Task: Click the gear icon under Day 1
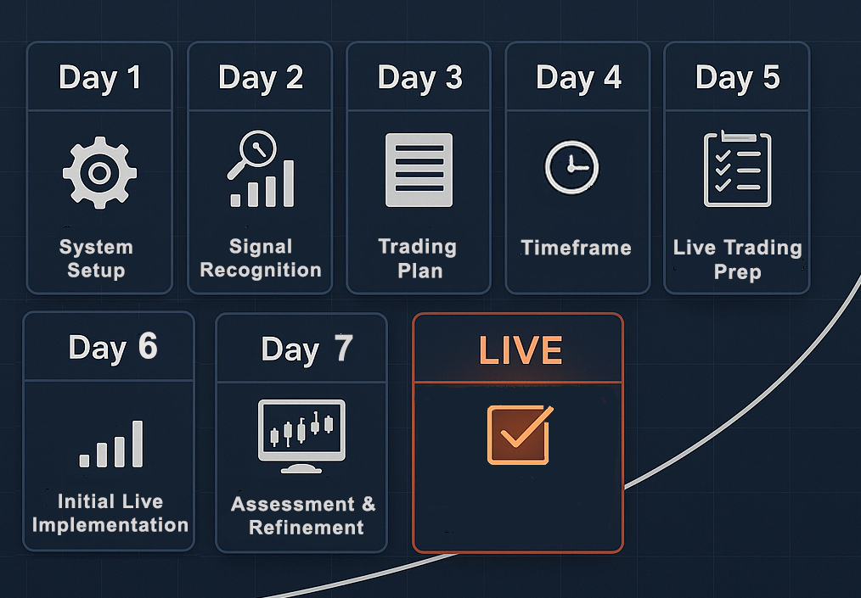click(99, 173)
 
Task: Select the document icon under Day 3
click(419, 170)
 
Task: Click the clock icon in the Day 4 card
click(571, 167)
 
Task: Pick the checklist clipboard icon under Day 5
click(737, 169)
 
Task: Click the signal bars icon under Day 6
click(111, 444)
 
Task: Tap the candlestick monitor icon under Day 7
click(301, 436)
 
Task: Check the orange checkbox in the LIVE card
click(520, 434)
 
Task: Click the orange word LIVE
click(521, 350)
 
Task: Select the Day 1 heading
click(100, 78)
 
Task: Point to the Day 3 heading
click(419, 78)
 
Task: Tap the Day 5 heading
click(737, 78)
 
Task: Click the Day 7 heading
click(307, 349)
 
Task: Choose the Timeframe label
click(576, 248)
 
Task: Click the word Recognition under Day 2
click(261, 270)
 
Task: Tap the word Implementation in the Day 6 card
click(110, 525)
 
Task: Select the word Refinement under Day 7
click(307, 528)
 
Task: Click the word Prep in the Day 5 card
click(737, 272)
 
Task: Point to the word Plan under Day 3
click(420, 271)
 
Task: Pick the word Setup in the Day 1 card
click(96, 271)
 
